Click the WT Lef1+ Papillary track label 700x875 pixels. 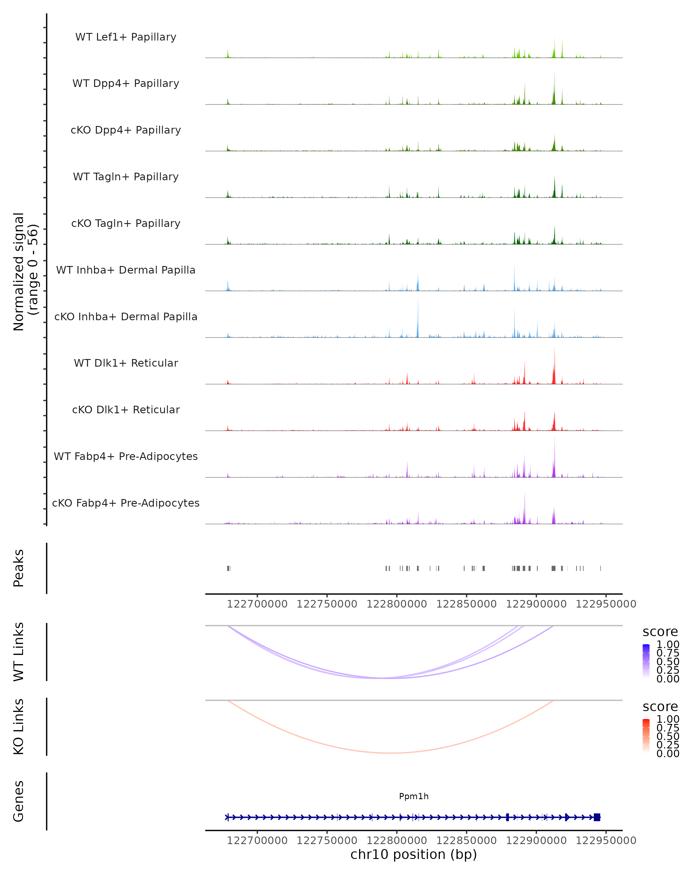pos(126,37)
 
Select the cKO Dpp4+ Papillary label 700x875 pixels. pos(126,130)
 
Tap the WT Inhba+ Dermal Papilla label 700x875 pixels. pos(126,270)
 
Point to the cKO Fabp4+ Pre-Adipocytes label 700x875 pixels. pos(126,503)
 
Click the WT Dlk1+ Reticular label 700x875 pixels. pos(126,363)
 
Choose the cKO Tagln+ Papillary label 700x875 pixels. pos(126,223)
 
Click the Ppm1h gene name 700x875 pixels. pos(414,796)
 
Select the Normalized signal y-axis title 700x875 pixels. pos(25,272)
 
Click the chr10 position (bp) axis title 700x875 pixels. pos(414,854)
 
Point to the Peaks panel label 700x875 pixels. pos(18,568)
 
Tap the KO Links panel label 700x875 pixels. pos(18,727)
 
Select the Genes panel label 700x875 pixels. pos(18,801)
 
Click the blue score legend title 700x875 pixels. pos(660,632)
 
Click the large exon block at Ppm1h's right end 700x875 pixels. pos(596,817)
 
